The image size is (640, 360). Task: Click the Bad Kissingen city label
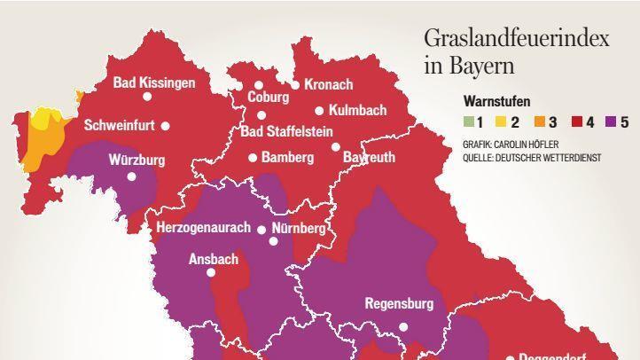[153, 82]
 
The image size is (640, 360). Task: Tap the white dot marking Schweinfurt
[165, 126]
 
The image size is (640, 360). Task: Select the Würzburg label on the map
[137, 160]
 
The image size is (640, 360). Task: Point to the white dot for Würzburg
[131, 176]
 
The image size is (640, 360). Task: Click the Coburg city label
[268, 98]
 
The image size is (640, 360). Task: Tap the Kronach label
[328, 85]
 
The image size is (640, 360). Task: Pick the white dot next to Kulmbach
[319, 111]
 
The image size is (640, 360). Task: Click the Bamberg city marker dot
[253, 158]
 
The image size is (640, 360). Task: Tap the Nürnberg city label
[299, 229]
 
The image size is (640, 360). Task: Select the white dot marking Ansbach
[211, 272]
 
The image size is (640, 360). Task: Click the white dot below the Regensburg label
[403, 326]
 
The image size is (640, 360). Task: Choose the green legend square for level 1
[468, 122]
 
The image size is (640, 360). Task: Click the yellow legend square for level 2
[500, 122]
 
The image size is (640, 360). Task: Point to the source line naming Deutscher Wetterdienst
[532, 157]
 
